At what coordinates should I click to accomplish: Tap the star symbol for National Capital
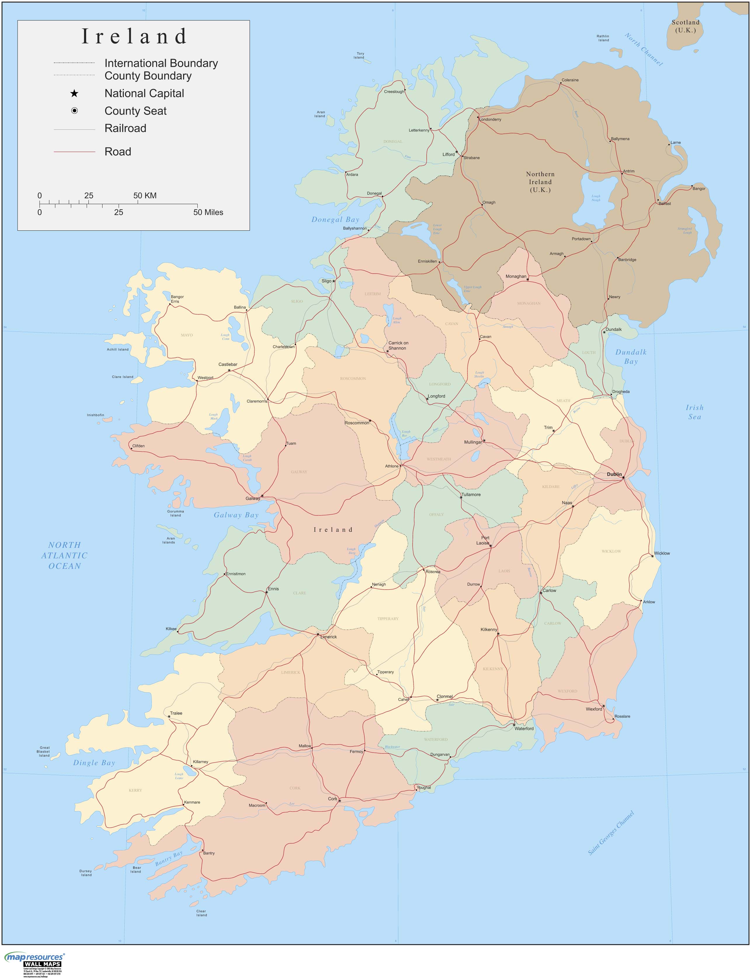[x=74, y=93]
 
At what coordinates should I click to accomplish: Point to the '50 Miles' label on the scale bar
[x=208, y=212]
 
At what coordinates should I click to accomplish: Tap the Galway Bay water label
[x=236, y=515]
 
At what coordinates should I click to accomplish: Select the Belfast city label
[x=665, y=203]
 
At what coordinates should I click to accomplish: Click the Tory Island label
[x=360, y=55]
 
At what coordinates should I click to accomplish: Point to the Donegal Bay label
[x=335, y=220]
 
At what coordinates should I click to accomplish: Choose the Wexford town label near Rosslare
[x=594, y=709]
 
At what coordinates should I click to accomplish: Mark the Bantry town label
[x=209, y=853]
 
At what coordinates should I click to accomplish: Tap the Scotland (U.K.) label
[x=685, y=26]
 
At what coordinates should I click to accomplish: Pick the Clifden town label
[x=139, y=446]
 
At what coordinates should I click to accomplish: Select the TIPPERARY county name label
[x=387, y=619]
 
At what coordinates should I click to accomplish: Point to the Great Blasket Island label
[x=44, y=751]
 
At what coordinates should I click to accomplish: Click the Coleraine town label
[x=570, y=80]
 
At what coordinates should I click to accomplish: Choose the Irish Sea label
[x=694, y=412]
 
